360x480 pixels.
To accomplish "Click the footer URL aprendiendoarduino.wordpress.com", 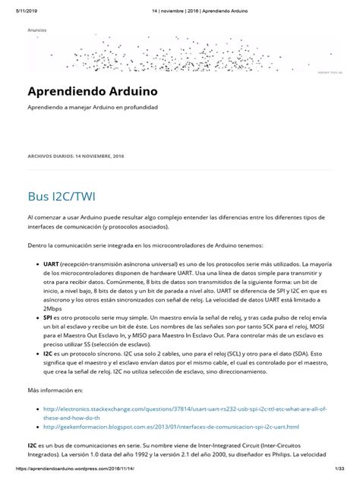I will [x=77, y=473].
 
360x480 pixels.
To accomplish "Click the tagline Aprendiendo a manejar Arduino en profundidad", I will [x=93, y=107].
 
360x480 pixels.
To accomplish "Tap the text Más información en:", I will [x=54, y=390].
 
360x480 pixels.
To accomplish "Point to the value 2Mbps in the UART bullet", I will [x=52, y=308].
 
